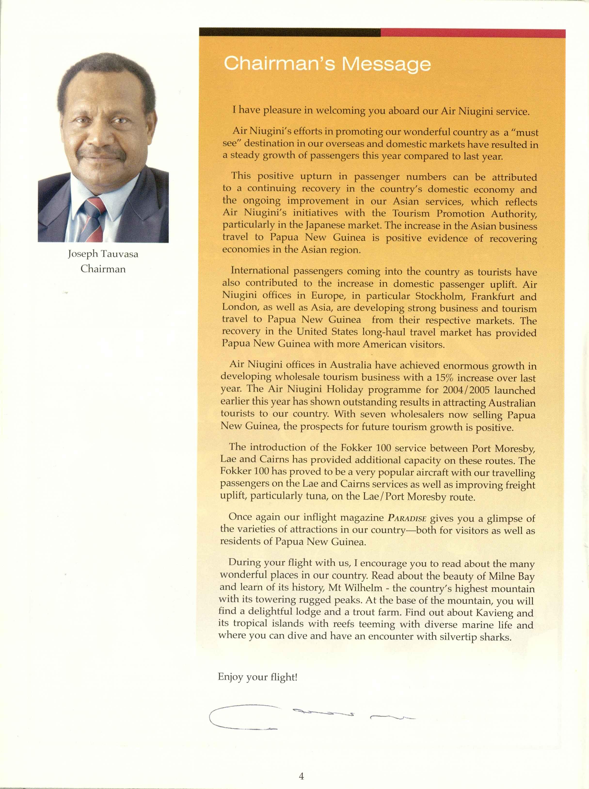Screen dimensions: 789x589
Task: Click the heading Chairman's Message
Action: pos(327,64)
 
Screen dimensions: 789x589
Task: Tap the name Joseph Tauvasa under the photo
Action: pos(103,254)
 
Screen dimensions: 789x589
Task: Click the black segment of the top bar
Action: pos(289,32)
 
